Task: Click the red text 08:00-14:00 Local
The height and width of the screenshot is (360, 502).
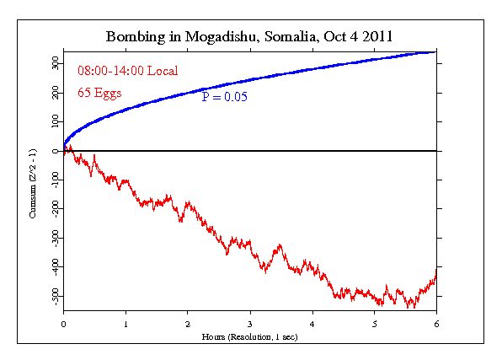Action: pos(127,71)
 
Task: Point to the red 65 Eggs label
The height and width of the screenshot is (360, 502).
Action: pos(99,93)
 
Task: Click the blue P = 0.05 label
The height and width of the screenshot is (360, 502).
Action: pos(230,98)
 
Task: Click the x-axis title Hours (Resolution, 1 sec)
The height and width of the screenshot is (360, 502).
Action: pos(249,336)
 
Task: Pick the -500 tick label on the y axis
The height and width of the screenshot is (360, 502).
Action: pos(54,296)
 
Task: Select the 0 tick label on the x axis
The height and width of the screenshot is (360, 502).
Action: pos(63,322)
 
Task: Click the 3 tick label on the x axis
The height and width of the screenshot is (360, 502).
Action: pos(250,322)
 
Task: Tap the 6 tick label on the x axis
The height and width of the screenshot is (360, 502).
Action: pos(436,322)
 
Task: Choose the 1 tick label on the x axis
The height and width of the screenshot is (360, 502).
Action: pos(125,322)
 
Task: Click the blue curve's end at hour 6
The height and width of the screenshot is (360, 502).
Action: pos(435,52)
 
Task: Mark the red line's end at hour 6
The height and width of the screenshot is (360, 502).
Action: pos(435,271)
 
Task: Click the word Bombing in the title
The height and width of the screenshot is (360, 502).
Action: pos(133,38)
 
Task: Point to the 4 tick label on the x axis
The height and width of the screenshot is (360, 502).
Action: pos(312,322)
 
